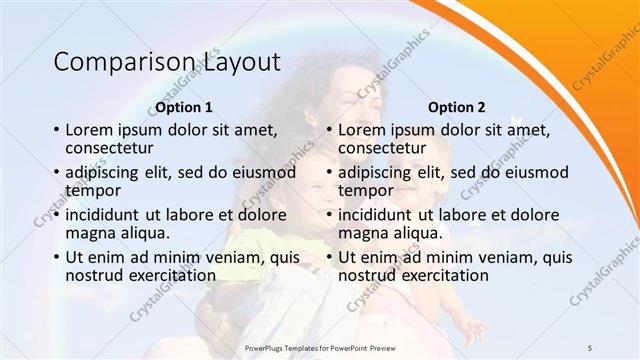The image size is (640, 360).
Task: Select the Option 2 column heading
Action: point(456,107)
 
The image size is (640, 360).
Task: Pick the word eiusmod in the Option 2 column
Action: point(536,172)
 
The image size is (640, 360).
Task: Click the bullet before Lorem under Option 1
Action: point(56,130)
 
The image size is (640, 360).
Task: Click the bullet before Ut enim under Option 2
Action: point(329,257)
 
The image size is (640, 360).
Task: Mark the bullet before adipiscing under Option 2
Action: point(329,172)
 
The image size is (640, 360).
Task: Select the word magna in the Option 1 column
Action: point(90,232)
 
